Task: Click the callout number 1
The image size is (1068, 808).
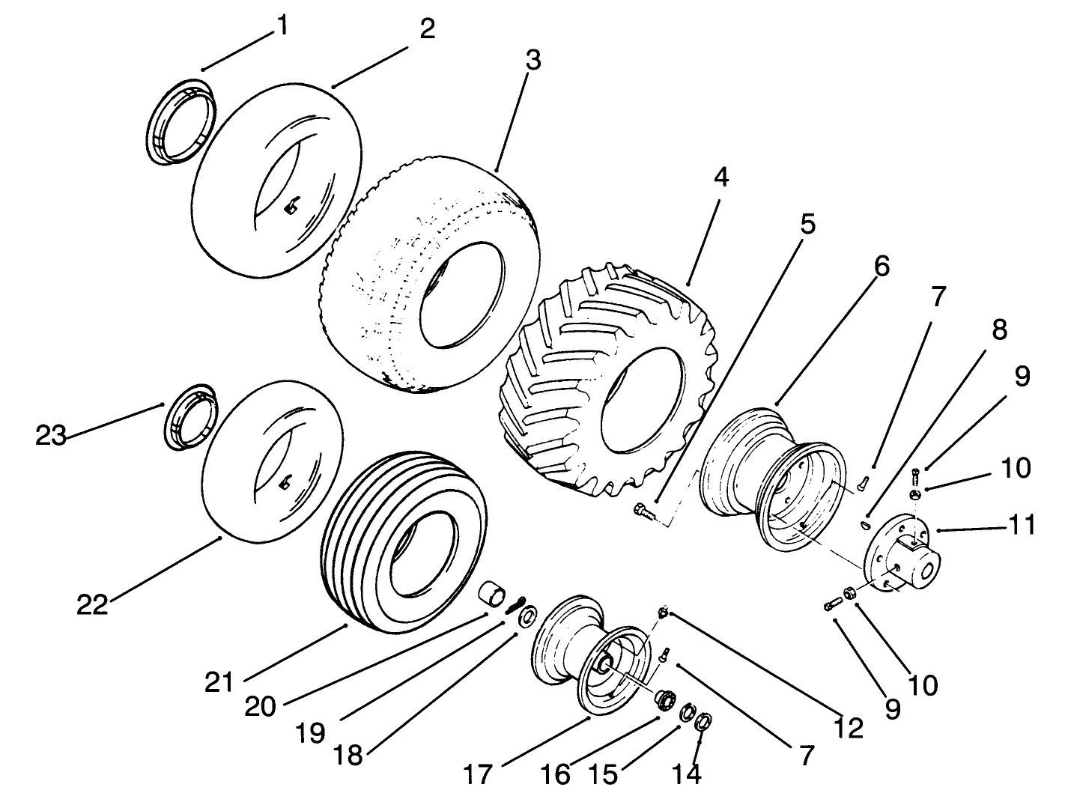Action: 281,27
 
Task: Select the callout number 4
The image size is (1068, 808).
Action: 720,178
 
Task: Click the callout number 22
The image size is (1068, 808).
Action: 93,604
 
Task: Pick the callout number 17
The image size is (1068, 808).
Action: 479,774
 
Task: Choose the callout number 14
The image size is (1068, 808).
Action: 687,774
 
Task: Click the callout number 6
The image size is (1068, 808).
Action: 882,266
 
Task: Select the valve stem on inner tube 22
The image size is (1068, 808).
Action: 285,485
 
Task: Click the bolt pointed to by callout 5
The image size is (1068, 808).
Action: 642,511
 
